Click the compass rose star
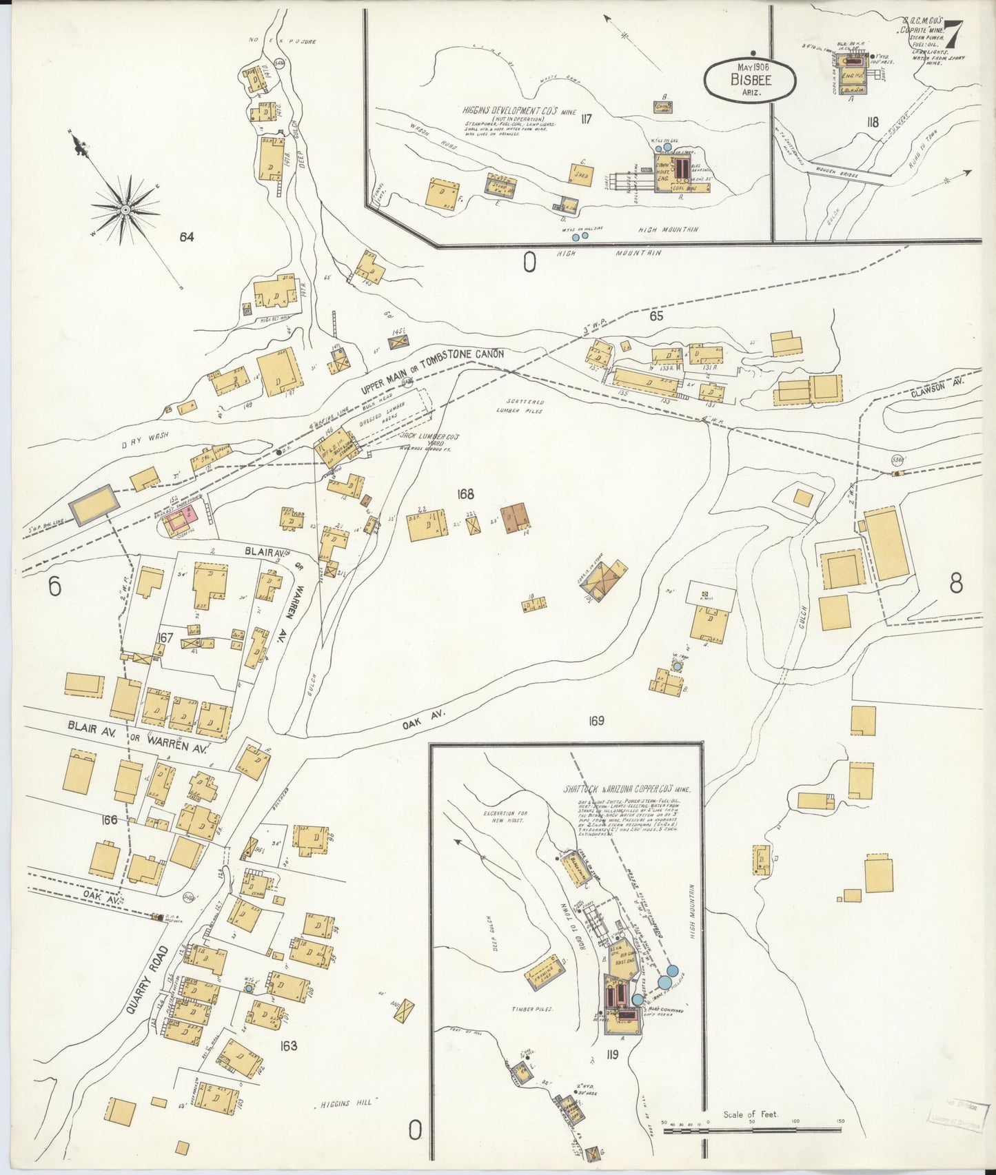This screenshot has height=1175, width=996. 125,208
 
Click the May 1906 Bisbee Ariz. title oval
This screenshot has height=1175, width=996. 750,79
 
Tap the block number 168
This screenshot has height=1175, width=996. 465,493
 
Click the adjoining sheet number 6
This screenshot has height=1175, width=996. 54,587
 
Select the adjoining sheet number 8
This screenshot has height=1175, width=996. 955,584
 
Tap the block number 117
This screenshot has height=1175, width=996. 587,119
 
